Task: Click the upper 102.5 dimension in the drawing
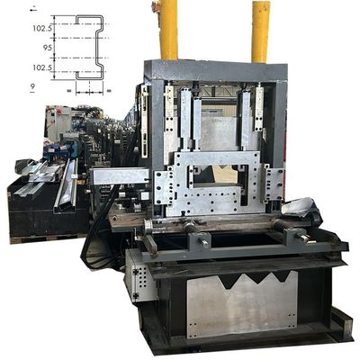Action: (x=42, y=30)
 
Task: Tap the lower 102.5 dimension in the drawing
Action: (x=42, y=67)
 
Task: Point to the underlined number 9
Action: (x=32, y=87)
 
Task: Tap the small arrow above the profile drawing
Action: (x=33, y=8)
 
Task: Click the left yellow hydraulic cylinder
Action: (x=168, y=30)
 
